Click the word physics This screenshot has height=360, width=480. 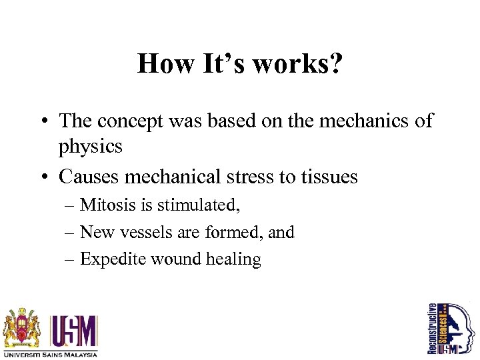coord(91,145)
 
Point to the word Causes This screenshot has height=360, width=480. coord(90,177)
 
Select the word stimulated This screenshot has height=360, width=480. coord(198,205)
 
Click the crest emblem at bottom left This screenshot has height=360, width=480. coord(23,329)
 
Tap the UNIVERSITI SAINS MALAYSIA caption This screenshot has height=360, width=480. coord(50,354)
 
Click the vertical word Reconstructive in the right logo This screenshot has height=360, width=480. coord(432,328)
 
